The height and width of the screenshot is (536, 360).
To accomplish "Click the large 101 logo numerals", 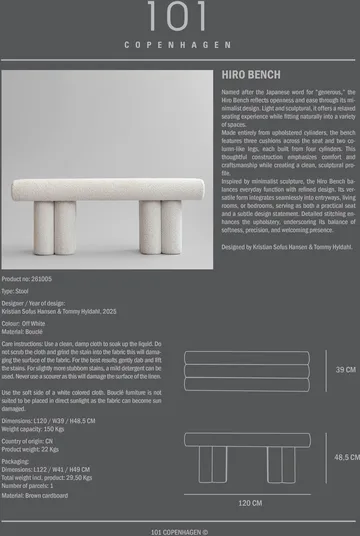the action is coord(179,17).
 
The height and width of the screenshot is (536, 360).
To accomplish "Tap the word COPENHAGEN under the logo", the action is coord(179,46).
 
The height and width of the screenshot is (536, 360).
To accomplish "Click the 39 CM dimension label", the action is coord(345,370).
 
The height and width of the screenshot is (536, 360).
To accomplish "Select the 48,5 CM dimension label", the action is coord(346,457).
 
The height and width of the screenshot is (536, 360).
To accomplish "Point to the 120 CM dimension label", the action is coord(250,503).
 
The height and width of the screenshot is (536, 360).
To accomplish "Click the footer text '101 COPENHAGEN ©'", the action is coord(179,532).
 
